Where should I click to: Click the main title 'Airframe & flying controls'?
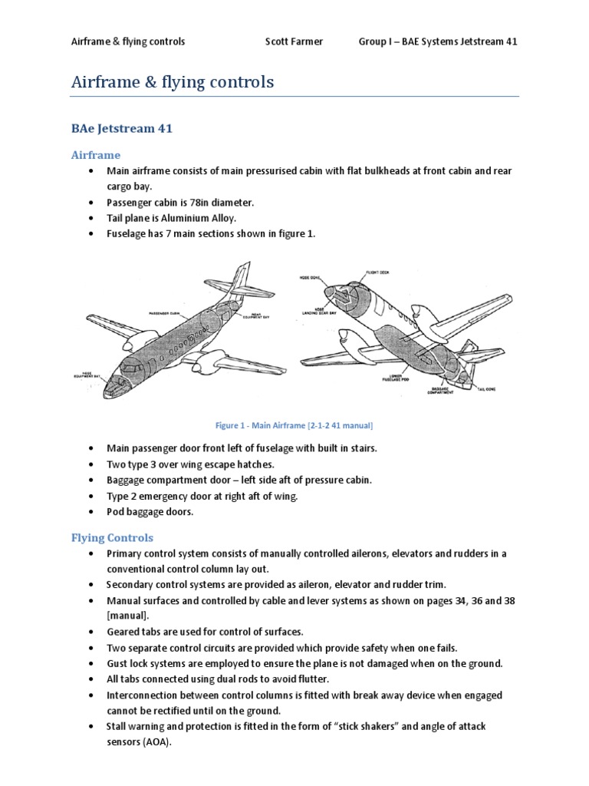click(x=173, y=82)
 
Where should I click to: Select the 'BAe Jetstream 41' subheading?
click(x=122, y=128)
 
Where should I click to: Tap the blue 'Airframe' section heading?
click(x=96, y=154)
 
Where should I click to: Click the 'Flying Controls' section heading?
click(x=113, y=537)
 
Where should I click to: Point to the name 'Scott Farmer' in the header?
click(x=293, y=41)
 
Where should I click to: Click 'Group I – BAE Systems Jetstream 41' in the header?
click(x=438, y=41)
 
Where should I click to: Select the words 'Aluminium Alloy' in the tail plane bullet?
click(x=190, y=218)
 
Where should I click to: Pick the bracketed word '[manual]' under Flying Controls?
click(x=128, y=616)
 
